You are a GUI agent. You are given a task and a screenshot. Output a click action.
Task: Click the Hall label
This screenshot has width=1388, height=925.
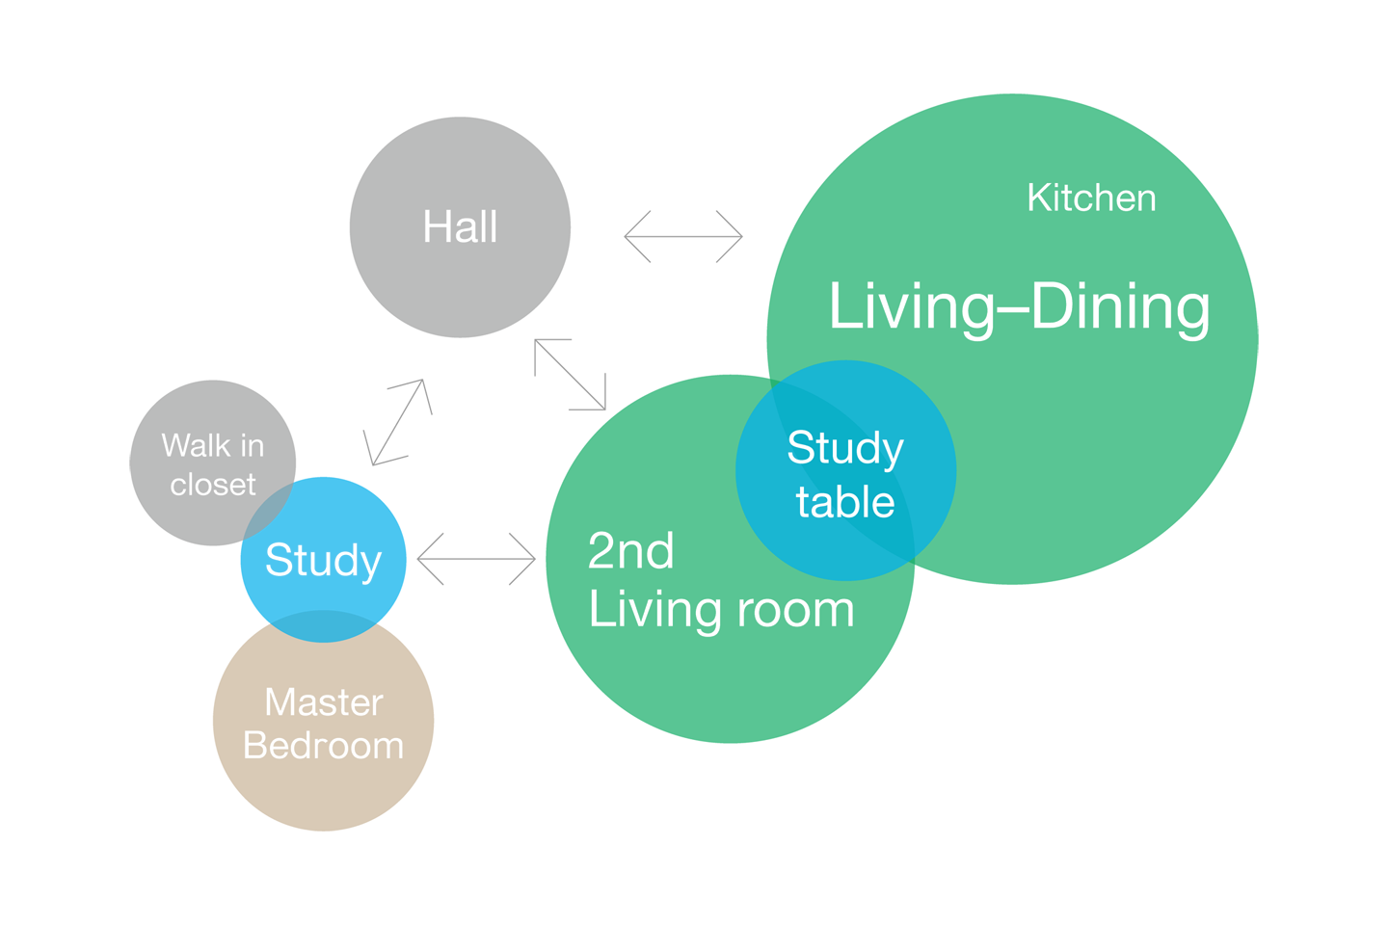460,228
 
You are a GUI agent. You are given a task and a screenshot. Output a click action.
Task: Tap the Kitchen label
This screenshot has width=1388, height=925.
1091,198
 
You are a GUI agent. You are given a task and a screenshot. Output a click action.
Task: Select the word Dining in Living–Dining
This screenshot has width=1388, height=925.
1120,307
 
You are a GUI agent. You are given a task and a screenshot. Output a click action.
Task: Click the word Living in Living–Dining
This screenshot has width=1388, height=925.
911,307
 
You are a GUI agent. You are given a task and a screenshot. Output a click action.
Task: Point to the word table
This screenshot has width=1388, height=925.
845,503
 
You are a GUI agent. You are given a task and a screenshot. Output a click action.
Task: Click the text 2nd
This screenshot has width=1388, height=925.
630,551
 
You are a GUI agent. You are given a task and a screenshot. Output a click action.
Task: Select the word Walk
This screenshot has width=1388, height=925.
196,446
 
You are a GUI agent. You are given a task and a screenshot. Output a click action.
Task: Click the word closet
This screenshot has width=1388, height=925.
213,485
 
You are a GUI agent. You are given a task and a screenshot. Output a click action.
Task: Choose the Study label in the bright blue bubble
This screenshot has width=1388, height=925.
323,561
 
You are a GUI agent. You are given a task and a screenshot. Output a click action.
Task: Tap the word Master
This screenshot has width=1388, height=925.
324,702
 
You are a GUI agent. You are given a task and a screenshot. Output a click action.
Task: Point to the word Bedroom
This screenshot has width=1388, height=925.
324,746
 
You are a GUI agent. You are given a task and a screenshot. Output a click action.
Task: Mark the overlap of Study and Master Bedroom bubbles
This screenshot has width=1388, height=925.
324,625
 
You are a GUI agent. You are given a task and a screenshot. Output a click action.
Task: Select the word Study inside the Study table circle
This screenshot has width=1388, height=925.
845,448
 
